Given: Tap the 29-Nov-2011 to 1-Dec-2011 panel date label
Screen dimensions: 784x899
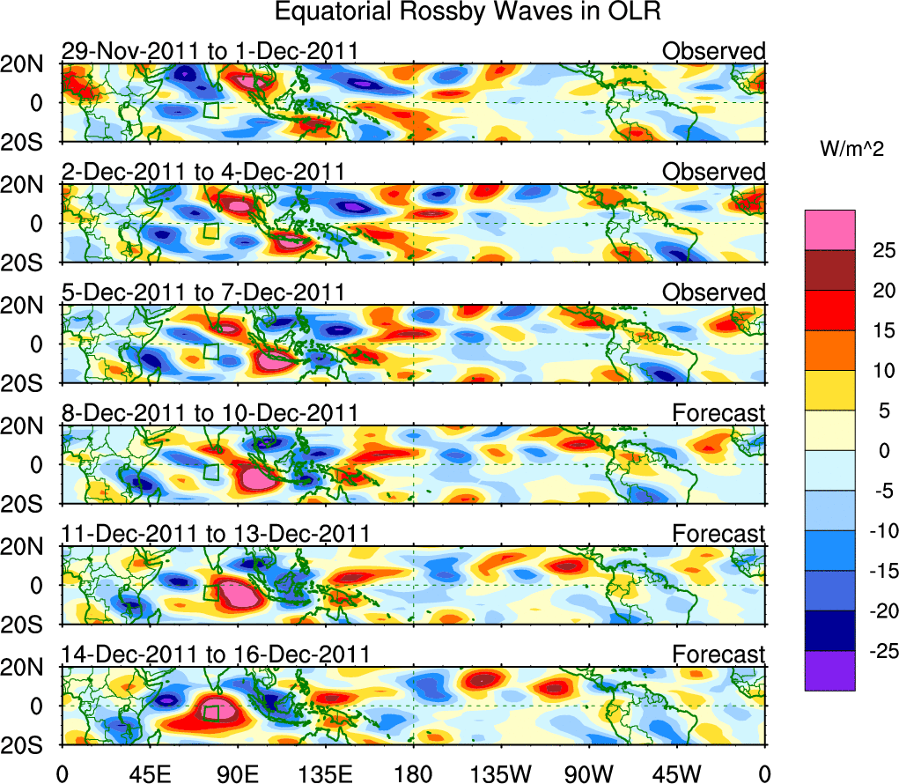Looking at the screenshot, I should [x=210, y=51].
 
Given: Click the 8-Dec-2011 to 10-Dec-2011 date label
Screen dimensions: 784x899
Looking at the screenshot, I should [x=210, y=412].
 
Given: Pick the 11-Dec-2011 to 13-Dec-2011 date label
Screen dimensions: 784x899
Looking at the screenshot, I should [x=215, y=533].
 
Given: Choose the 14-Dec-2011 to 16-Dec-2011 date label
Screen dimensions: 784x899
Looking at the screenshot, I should [x=215, y=655].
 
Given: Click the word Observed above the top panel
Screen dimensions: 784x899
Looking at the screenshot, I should [x=714, y=51].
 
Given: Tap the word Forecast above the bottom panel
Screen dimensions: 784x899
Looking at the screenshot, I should [x=718, y=655].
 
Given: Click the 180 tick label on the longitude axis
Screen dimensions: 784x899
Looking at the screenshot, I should [x=414, y=774].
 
